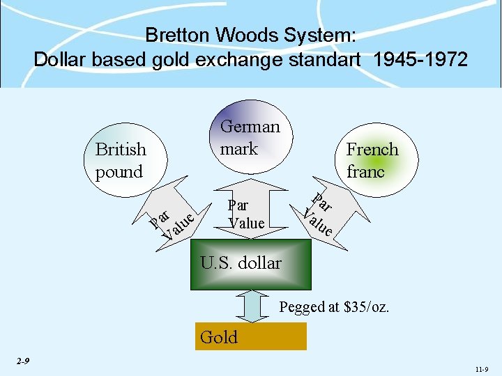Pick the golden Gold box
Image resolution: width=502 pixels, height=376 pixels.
coord(252,337)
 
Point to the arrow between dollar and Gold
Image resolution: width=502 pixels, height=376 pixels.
coord(251,306)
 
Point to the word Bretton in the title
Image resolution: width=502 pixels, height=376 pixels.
coord(177,36)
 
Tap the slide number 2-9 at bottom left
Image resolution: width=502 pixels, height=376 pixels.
coord(23,361)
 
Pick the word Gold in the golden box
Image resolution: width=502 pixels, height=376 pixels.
coord(218,338)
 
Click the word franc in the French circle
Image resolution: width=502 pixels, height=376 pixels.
coord(365,171)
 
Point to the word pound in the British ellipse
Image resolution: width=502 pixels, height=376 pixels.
coord(119,172)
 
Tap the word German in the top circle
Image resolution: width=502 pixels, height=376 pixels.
coord(250,127)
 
